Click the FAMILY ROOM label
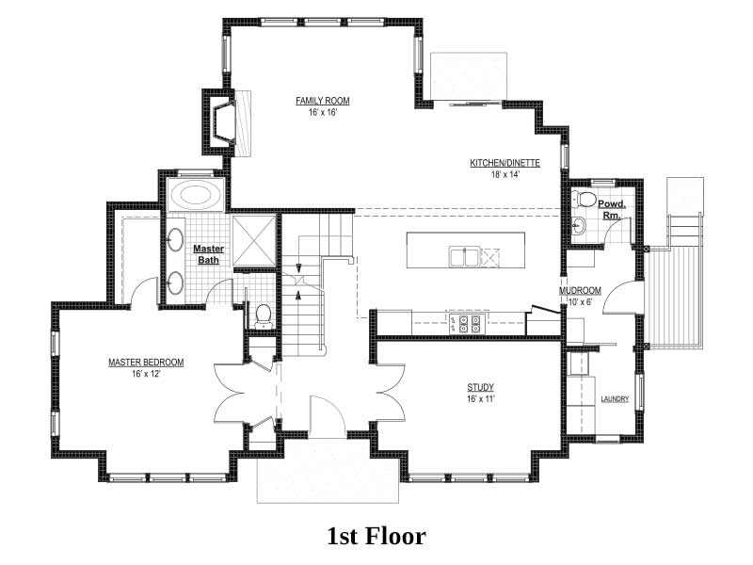coord(322,101)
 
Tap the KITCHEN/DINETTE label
coord(505,163)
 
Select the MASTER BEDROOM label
coord(146,363)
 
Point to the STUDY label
coord(480,387)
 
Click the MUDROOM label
coord(580,291)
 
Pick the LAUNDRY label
coord(615,398)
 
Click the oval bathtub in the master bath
coord(196,195)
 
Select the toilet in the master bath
coord(263,317)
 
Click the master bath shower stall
coord(254,240)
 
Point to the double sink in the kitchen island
coord(465,256)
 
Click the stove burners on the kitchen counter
coord(464,324)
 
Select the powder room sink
coord(578,225)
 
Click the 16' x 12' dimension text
coord(146,374)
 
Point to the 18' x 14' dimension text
coord(505,174)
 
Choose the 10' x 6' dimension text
coord(580,302)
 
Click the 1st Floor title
coord(376,536)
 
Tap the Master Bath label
coord(208,254)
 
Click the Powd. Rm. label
coord(612,210)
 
